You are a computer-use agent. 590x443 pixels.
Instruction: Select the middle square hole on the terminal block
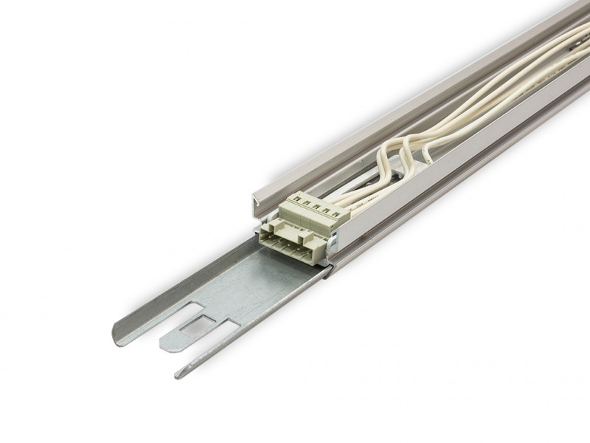pyautogui.click(x=316, y=205)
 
